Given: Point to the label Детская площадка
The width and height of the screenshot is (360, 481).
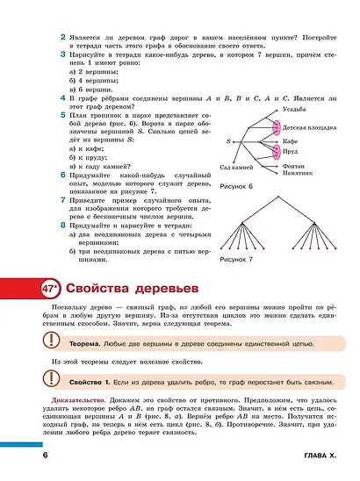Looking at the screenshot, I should tap(306, 127).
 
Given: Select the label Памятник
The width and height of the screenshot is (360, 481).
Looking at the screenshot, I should tap(299, 174).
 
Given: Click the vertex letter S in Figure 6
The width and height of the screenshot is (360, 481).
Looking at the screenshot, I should tap(228, 140).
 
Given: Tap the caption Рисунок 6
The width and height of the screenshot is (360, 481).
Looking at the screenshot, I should tap(235, 186).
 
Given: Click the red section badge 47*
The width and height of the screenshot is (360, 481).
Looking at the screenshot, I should tap(50, 288).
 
